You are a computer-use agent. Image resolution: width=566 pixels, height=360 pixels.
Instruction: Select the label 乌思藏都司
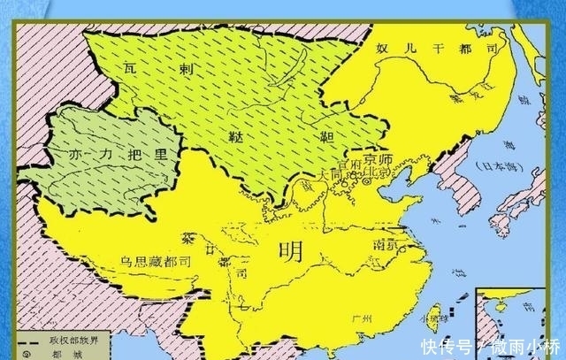tap(156, 262)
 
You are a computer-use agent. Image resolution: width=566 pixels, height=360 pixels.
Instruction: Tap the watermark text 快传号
tap(440, 345)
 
